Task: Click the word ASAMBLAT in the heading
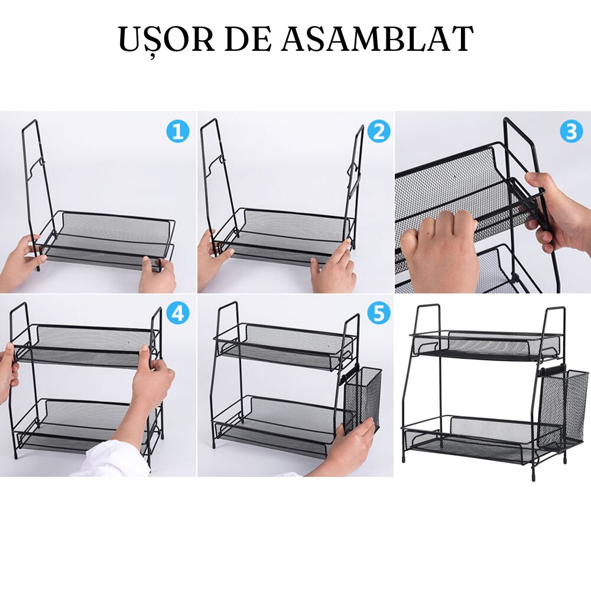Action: tap(377, 39)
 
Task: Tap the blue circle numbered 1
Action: tap(177, 132)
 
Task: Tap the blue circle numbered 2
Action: tap(378, 132)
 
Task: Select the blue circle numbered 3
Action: tap(571, 132)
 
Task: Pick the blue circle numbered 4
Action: tap(178, 313)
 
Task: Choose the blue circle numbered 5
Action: tap(379, 313)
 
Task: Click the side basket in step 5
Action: tap(362, 400)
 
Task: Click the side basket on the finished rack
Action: tap(563, 408)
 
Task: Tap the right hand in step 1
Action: tap(158, 275)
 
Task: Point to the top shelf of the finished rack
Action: tap(486, 346)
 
